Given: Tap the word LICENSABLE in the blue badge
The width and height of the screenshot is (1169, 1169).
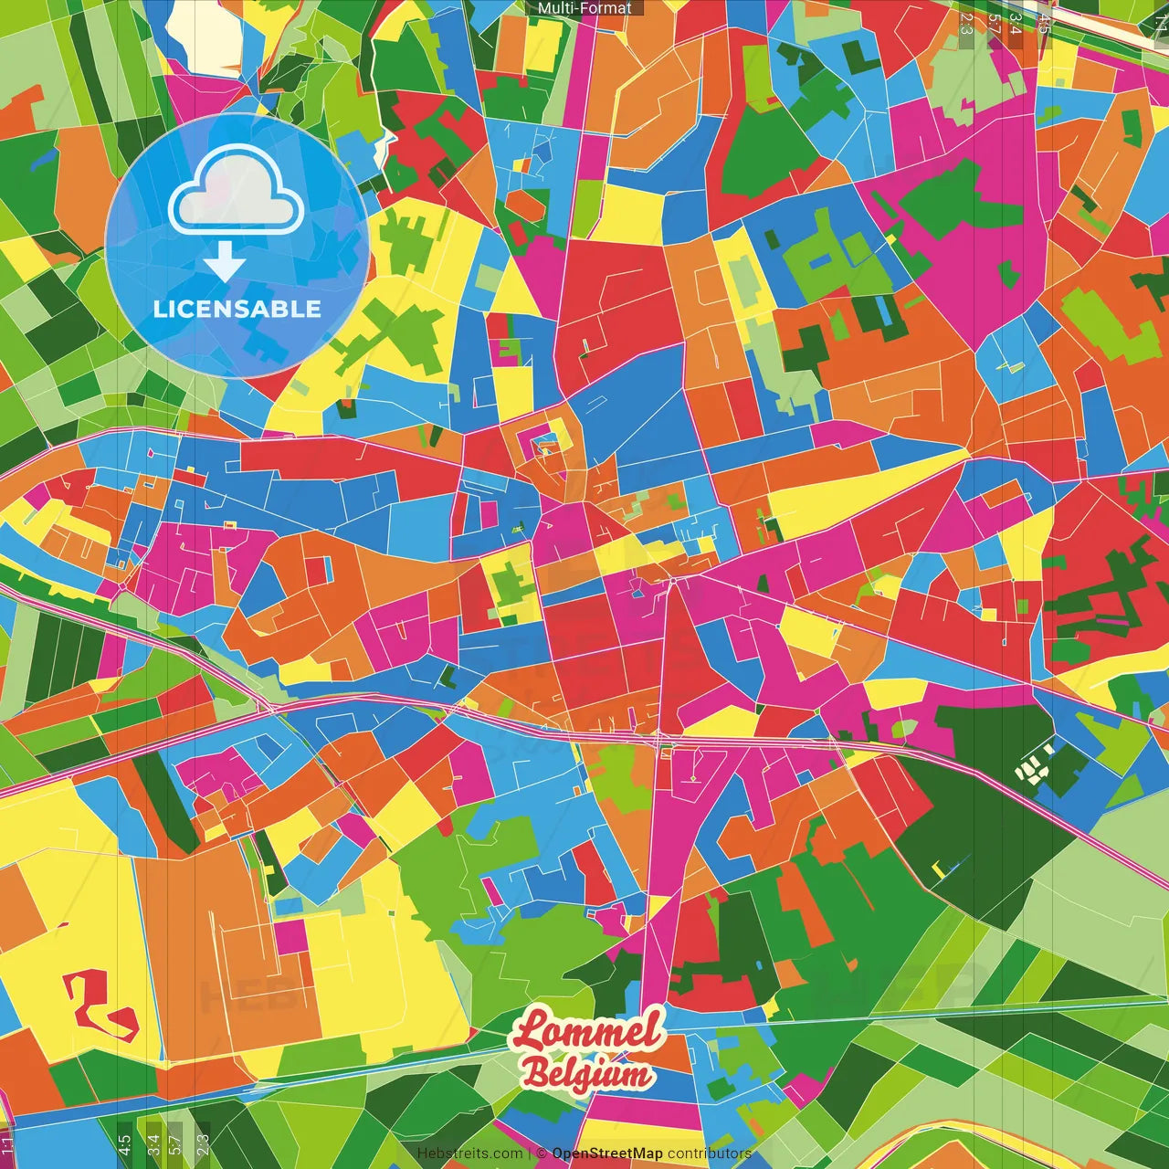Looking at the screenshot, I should [237, 309].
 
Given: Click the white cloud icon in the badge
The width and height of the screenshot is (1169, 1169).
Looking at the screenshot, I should [237, 191].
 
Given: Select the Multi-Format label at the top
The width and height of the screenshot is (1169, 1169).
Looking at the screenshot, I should [584, 8].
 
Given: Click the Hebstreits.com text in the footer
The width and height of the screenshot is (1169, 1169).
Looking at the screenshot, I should [469, 1153].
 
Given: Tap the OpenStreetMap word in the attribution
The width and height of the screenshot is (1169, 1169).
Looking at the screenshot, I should [607, 1153].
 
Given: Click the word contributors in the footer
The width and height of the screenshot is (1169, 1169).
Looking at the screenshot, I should [709, 1153].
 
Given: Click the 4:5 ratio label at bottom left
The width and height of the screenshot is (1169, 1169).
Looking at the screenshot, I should [124, 1142].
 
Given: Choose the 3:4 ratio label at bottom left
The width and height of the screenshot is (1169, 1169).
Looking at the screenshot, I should [153, 1142].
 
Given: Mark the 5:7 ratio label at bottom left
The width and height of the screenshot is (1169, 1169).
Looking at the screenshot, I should [175, 1142].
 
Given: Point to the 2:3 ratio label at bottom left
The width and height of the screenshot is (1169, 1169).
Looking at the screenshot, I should [203, 1142].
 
